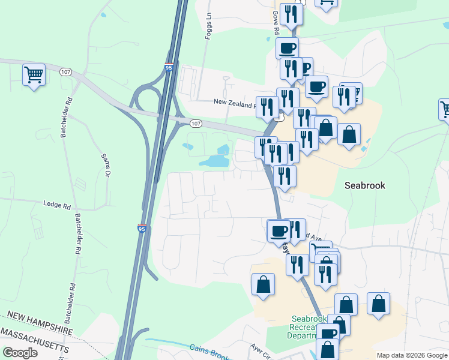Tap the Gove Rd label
[276, 22]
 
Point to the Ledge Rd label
[57, 205]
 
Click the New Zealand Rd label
[235, 103]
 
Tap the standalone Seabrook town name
[365, 185]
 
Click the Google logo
[20, 352]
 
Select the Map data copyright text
[411, 355]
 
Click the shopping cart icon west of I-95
[34, 75]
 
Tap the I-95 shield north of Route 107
[170, 68]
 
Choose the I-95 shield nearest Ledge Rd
[142, 228]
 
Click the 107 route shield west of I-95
[66, 72]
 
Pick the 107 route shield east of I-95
[196, 124]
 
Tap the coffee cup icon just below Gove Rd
[287, 47]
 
